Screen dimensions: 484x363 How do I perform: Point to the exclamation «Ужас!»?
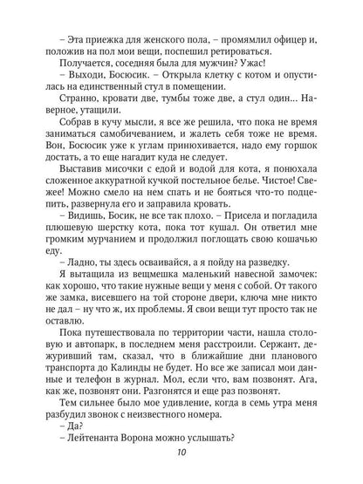tap(240, 50)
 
